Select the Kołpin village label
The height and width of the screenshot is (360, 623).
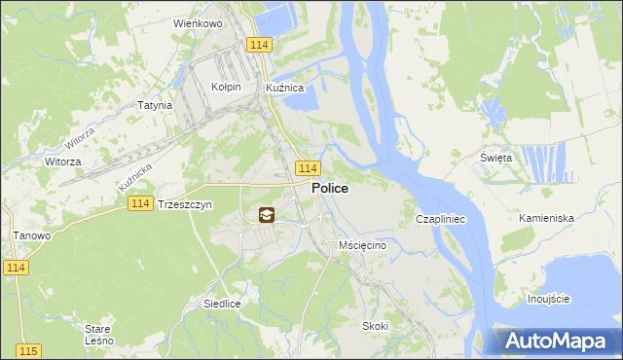pos(226,87)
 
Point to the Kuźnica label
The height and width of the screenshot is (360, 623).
pos(285,87)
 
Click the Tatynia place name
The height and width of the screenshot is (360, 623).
pos(155,105)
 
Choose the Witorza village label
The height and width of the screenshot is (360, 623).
pos(62,162)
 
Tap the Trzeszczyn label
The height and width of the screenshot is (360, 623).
pos(184,205)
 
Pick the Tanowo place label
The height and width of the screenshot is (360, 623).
pos(30,235)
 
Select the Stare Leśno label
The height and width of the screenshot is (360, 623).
pos(98,335)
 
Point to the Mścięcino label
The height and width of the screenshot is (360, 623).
pos(363,246)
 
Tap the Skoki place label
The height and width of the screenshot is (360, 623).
pos(375,326)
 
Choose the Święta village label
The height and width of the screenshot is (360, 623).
pos(495,158)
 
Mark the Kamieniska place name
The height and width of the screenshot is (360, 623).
pos(546,219)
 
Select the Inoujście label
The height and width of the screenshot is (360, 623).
pos(548,299)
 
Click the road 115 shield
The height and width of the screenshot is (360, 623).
pos(27,350)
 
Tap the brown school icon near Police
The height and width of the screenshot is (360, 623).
pos(267,215)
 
